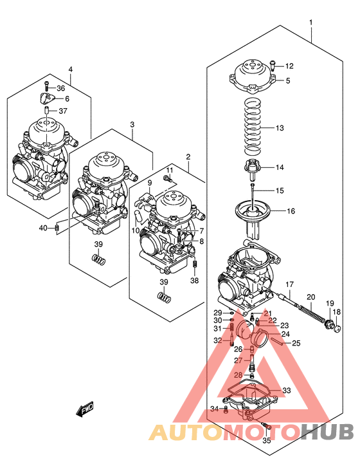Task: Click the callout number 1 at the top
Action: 311,24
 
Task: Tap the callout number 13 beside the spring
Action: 278,129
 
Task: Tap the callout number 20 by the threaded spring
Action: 310,297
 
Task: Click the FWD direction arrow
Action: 84,407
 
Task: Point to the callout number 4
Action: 70,70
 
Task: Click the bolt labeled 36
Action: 46,86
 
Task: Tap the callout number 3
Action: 132,124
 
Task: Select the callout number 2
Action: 188,156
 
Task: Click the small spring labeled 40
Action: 57,227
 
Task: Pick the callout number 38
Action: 195,281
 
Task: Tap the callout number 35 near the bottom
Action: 267,440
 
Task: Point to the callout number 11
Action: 170,170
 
